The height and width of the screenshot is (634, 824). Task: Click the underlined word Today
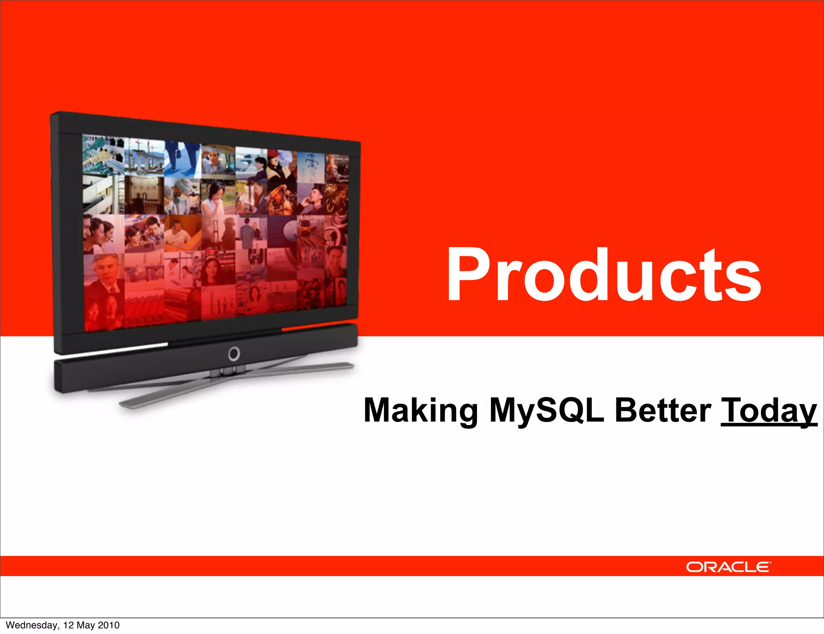coord(768,410)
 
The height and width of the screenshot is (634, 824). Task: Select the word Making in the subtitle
coord(420,410)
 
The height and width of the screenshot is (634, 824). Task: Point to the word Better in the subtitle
coord(663,410)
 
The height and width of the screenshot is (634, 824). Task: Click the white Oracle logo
coord(728,567)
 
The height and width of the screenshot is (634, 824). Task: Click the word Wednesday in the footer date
coord(31,625)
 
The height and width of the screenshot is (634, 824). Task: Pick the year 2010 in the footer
coord(109,625)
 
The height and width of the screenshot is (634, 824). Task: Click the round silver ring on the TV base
coord(234,354)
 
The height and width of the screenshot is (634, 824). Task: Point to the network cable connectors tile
coord(103,155)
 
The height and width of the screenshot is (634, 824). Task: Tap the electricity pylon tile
coord(311,167)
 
